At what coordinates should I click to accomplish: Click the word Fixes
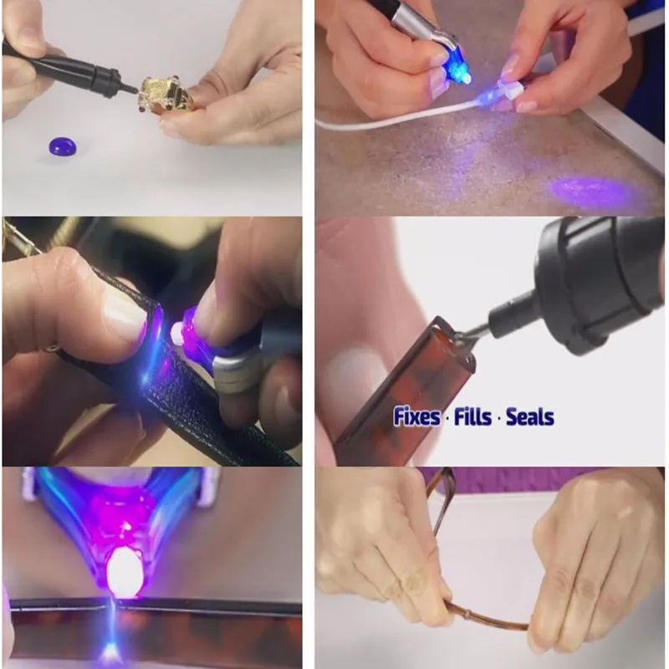pyautogui.click(x=416, y=416)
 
